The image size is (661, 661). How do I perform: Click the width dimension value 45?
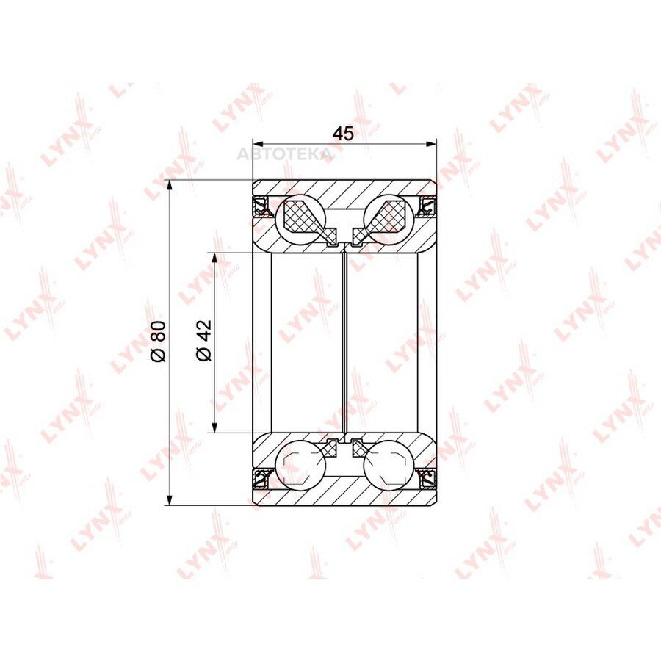tap(343, 134)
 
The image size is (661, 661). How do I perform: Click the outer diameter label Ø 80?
tap(159, 342)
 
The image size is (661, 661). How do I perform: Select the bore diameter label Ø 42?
tap(203, 341)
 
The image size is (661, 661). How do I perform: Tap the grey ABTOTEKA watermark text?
tap(284, 154)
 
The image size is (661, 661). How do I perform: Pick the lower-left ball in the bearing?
tap(300, 466)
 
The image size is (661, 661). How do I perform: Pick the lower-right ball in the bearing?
tap(389, 466)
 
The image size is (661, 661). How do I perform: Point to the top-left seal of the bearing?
tap(261, 206)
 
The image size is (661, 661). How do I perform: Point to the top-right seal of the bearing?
tap(427, 206)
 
